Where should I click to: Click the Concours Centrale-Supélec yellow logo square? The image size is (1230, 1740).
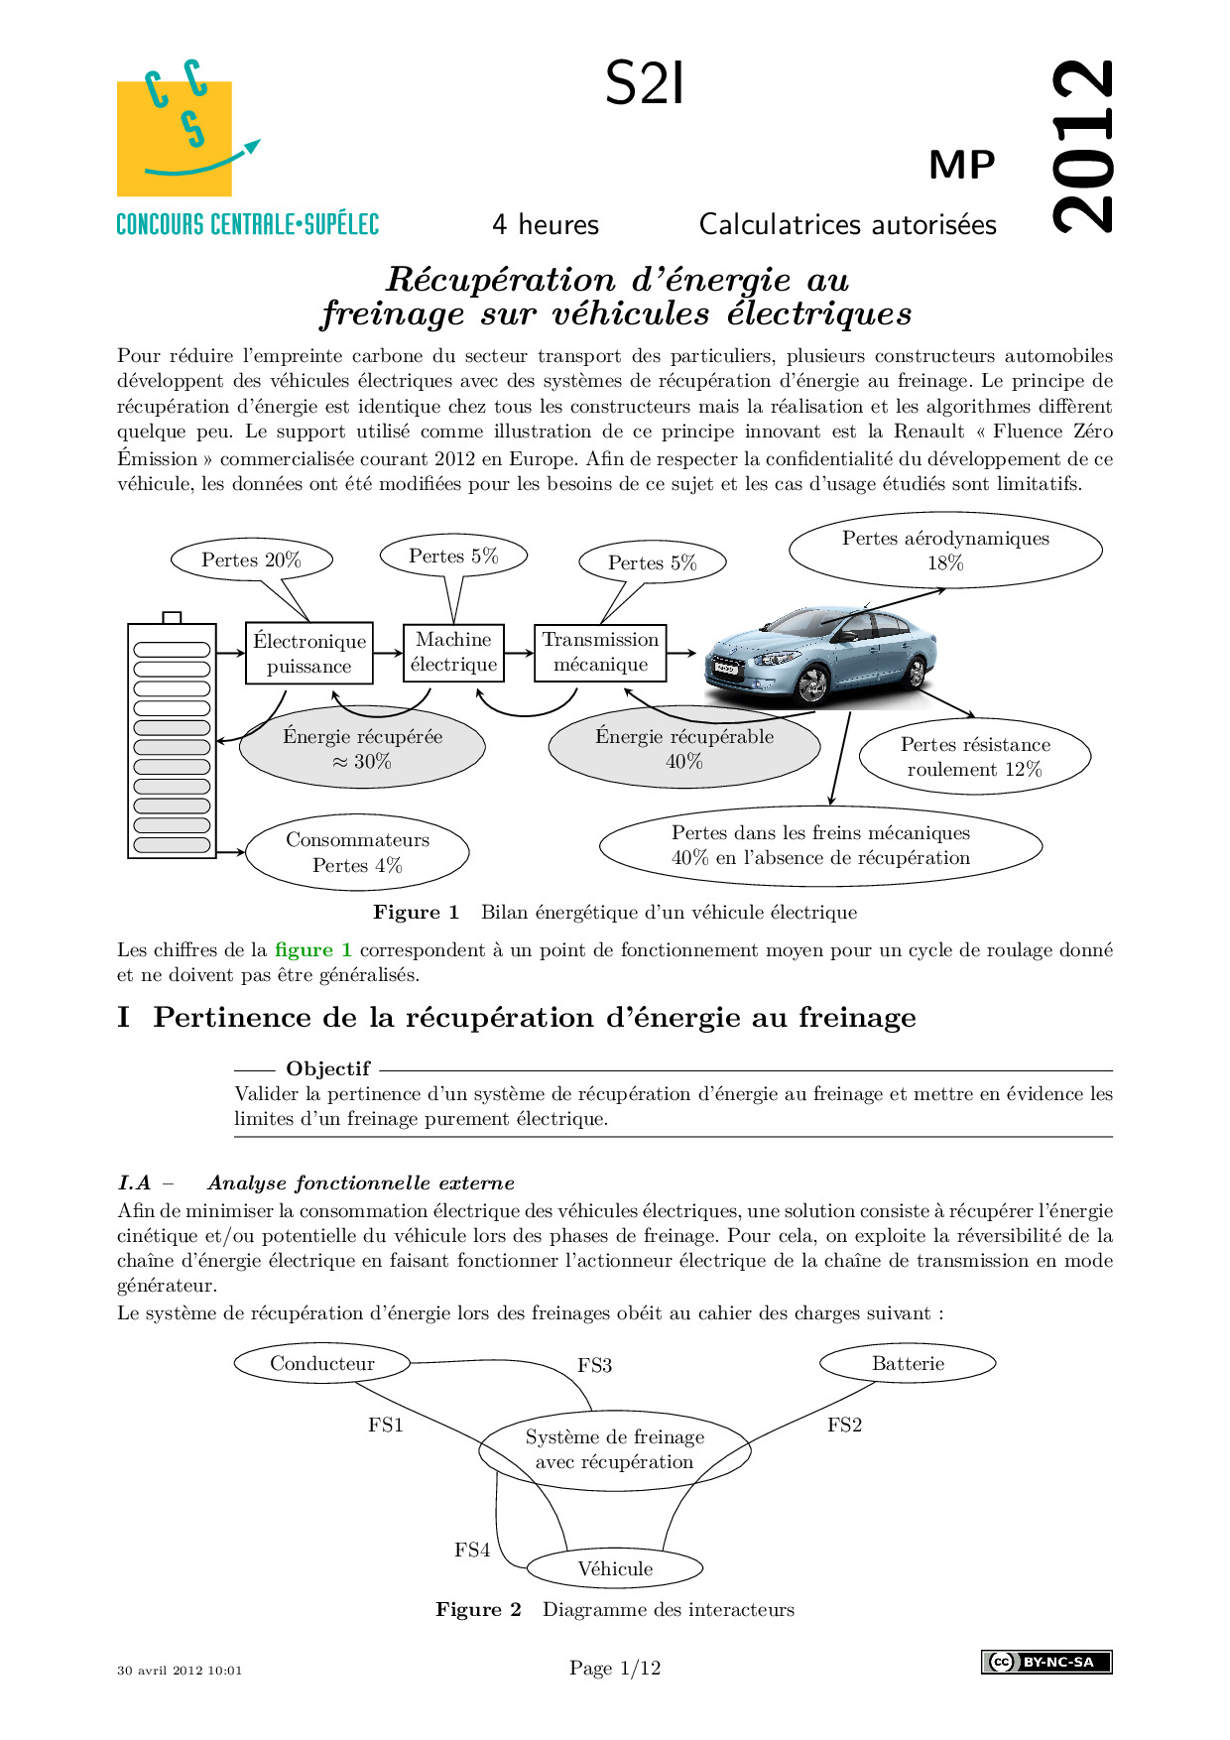[175, 138]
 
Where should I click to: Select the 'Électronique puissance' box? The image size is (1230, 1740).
[308, 653]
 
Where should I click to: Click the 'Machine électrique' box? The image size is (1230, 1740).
[453, 652]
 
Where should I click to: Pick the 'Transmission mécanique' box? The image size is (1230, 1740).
[600, 652]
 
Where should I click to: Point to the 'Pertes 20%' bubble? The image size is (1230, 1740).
[251, 559]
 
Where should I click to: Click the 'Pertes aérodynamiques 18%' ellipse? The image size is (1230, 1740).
[945, 551]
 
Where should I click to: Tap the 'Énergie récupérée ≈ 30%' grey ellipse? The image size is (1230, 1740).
[362, 749]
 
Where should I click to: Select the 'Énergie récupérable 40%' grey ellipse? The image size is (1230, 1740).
[684, 749]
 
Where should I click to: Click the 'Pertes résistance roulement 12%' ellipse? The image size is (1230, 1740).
[975, 757]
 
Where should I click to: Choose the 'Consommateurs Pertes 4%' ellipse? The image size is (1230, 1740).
[357, 852]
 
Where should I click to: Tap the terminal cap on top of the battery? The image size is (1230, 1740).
[172, 618]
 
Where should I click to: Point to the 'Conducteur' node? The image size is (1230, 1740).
[322, 1363]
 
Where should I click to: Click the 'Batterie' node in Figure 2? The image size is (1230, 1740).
[908, 1363]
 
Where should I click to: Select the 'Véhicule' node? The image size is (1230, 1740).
[615, 1568]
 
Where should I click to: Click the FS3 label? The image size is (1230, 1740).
[594, 1365]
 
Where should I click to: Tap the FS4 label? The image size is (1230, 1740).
[472, 1550]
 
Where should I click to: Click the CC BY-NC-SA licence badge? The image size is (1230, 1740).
[1046, 1662]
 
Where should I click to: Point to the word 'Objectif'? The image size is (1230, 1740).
[327, 1068]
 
